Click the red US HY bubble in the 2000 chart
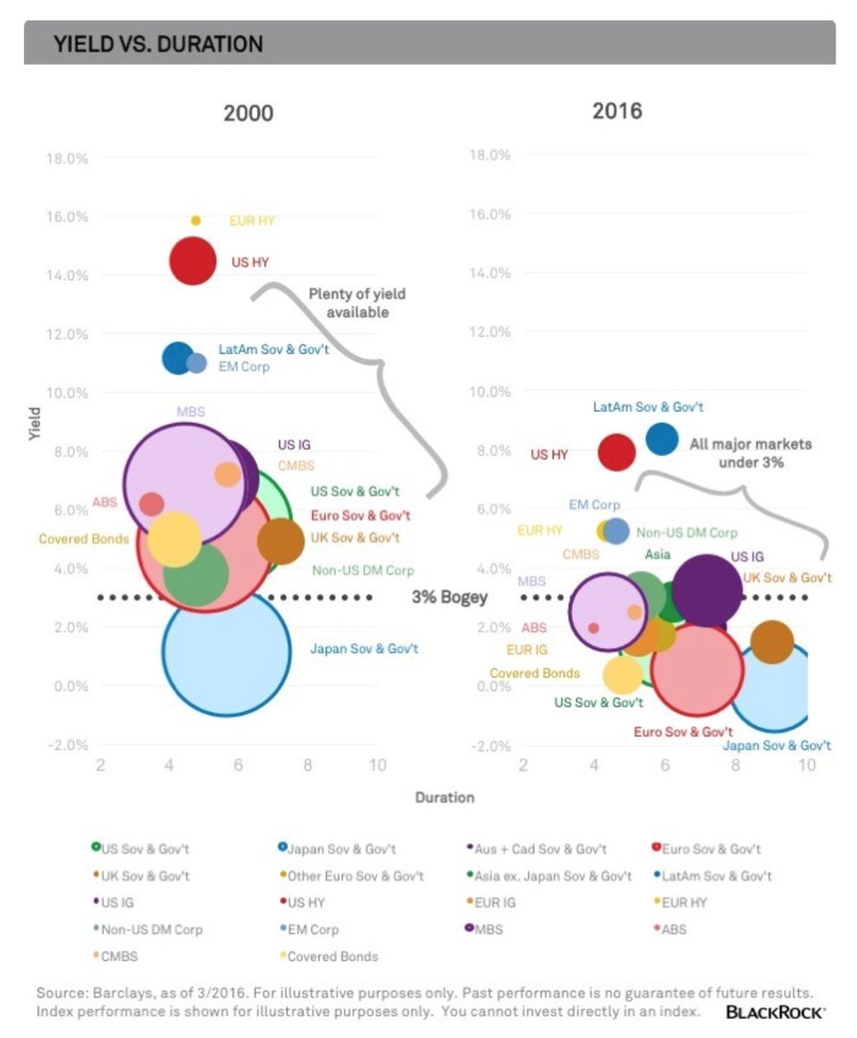click(x=192, y=261)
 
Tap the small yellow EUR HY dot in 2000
click(x=195, y=221)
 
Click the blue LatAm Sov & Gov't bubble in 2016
click(x=662, y=439)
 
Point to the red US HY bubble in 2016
click(x=617, y=452)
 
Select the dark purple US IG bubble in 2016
click(x=707, y=591)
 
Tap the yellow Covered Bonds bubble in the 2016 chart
click(x=622, y=675)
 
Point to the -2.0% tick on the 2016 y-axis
click(x=489, y=746)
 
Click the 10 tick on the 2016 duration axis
click(x=806, y=766)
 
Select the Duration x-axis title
click(x=444, y=797)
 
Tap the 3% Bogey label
click(x=449, y=598)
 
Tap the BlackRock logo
click(x=776, y=1011)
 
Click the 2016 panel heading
click(x=617, y=111)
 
